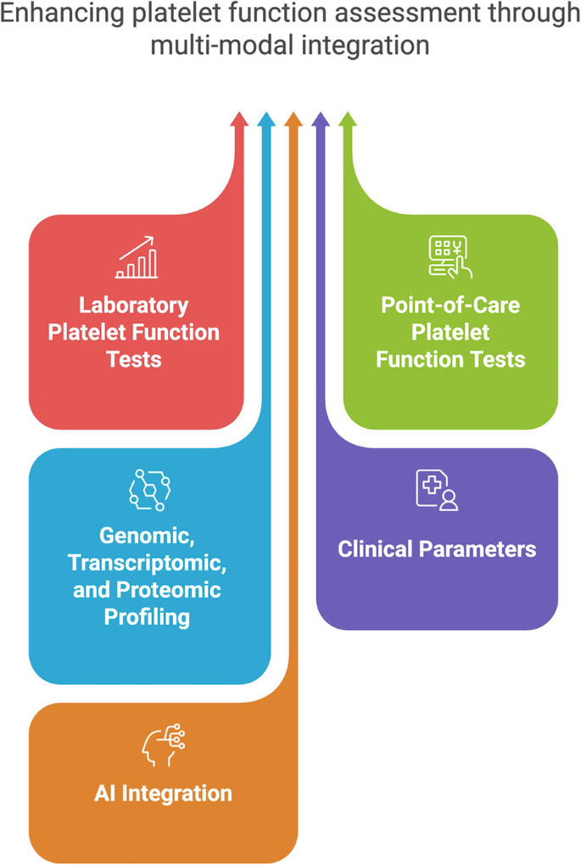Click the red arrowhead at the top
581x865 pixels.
point(239,119)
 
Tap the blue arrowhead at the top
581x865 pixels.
point(266,119)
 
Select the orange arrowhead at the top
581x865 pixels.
point(293,119)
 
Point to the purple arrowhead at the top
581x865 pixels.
point(321,119)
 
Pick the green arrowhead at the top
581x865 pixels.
point(348,119)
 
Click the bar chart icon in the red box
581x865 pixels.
point(137,257)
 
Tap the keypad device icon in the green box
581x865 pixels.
point(450,257)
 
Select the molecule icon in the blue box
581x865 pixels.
point(149,490)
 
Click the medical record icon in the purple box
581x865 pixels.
point(437,490)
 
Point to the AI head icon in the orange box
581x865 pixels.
point(163,744)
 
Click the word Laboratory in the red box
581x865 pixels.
point(134,305)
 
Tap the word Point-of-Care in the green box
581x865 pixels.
point(450,305)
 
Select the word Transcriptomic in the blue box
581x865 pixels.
point(148,563)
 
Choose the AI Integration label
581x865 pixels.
point(163,794)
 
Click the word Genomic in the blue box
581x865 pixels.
point(148,536)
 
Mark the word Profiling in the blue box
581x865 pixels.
point(148,617)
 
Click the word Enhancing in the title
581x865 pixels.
point(62,14)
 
